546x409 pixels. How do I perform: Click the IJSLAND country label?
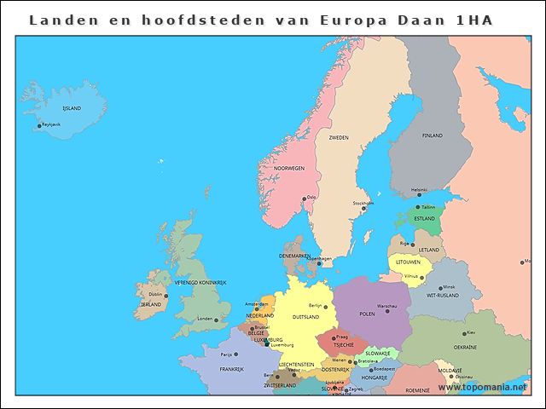[72, 108]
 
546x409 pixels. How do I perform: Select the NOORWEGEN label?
[288, 168]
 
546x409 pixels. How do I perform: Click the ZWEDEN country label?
[339, 136]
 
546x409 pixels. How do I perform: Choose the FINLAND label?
[432, 135]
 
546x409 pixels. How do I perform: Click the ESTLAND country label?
[424, 218]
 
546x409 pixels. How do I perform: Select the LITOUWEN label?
[408, 262]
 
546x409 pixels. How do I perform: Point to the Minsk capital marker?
[441, 288]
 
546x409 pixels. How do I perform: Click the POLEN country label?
[367, 314]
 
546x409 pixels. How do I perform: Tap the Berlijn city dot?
[325, 306]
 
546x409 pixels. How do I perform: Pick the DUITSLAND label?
[305, 316]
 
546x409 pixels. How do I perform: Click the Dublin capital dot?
[166, 296]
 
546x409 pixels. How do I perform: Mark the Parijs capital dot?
[236, 354]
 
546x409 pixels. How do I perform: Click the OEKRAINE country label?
[465, 347]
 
